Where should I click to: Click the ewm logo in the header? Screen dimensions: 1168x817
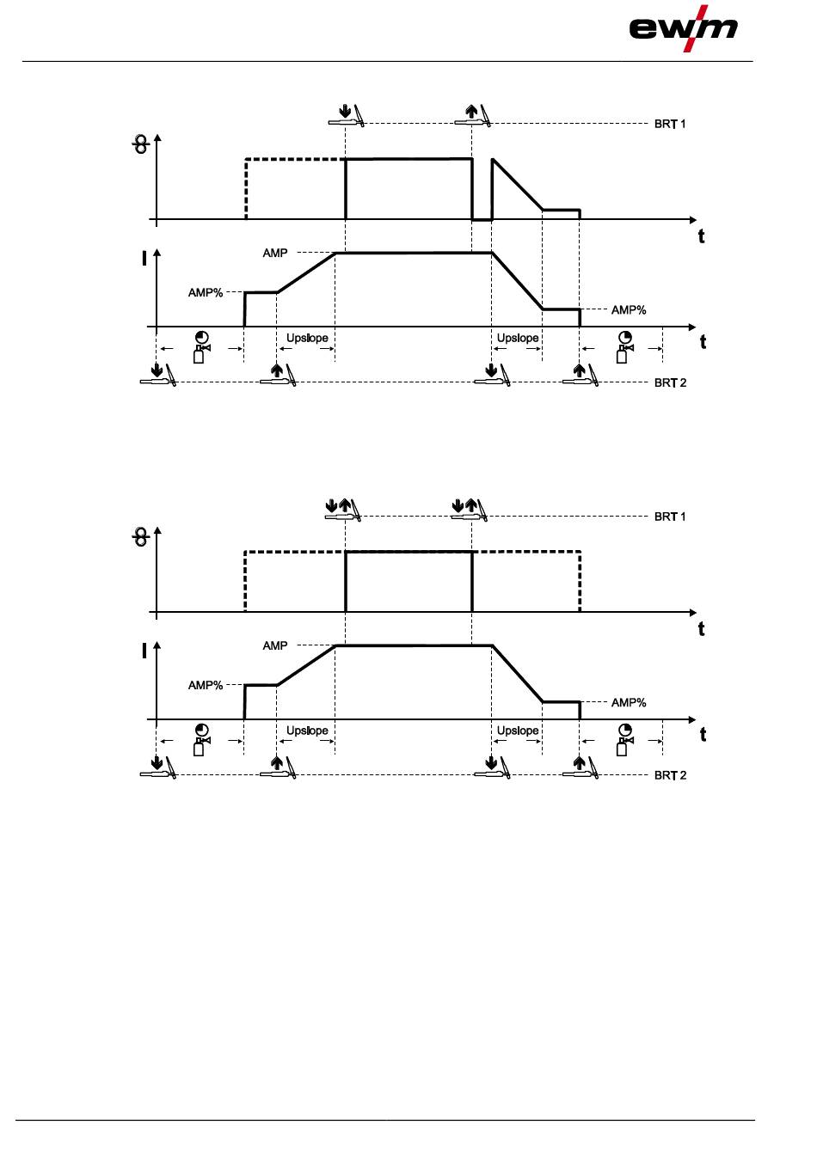pyautogui.click(x=684, y=28)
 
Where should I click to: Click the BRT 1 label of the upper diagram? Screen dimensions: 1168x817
pyautogui.click(x=670, y=124)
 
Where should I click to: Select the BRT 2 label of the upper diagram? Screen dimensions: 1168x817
pyautogui.click(x=670, y=382)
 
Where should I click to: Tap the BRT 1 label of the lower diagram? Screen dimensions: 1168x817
pyautogui.click(x=670, y=517)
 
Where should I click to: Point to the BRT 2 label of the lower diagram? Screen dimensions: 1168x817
pyautogui.click(x=670, y=775)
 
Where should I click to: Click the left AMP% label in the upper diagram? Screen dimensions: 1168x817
pyautogui.click(x=206, y=293)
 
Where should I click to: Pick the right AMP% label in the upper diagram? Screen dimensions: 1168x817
pyautogui.click(x=629, y=309)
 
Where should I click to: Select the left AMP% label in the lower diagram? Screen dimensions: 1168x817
pyautogui.click(x=206, y=686)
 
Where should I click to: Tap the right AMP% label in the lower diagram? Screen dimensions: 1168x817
pyautogui.click(x=629, y=702)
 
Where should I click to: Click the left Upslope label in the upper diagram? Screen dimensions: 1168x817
pyautogui.click(x=307, y=338)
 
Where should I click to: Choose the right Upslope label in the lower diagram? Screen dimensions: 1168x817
pyautogui.click(x=518, y=731)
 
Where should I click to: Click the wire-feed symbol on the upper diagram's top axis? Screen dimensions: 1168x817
pyautogui.click(x=140, y=146)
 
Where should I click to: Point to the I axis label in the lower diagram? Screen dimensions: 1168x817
pyautogui.click(x=144, y=651)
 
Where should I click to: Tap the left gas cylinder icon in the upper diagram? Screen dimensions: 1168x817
pyautogui.click(x=201, y=347)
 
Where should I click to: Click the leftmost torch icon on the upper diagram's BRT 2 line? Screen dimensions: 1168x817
pyautogui.click(x=159, y=376)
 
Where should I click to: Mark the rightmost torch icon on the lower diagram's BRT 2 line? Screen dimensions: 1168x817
pyautogui.click(x=581, y=768)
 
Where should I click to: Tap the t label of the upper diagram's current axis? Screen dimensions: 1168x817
pyautogui.click(x=703, y=342)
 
